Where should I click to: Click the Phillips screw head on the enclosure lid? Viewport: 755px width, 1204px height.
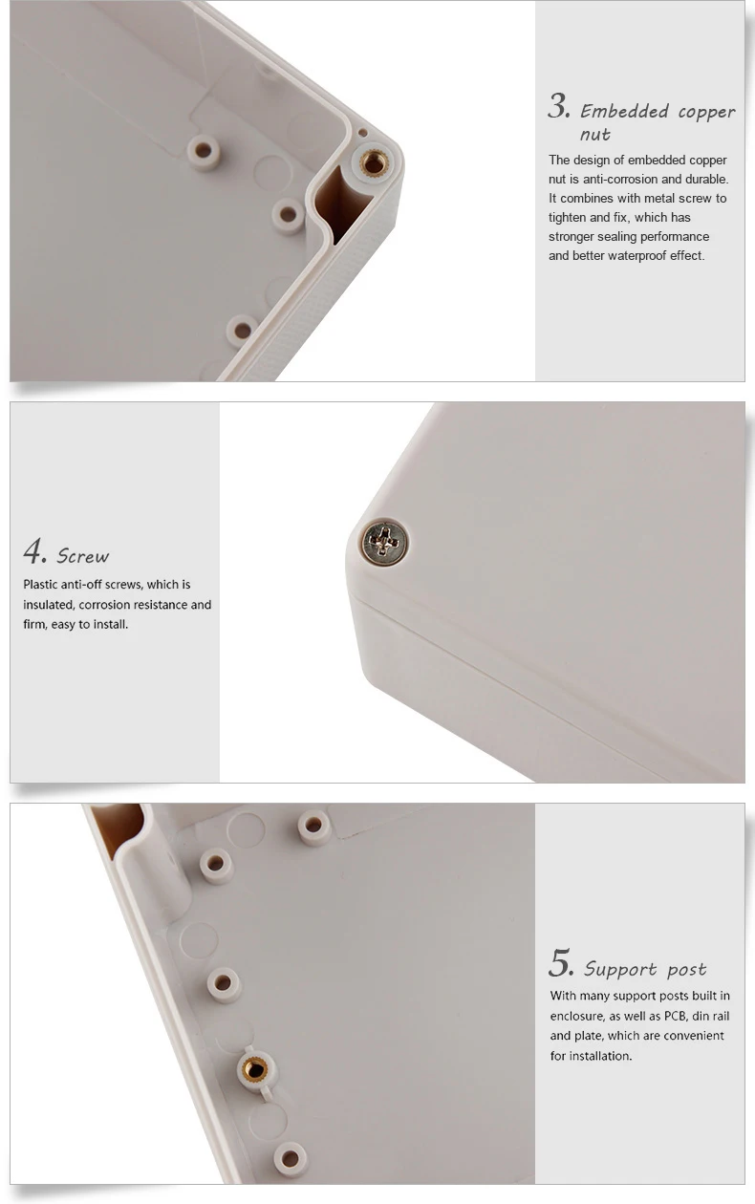(384, 542)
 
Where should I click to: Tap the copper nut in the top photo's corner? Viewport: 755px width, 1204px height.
(374, 163)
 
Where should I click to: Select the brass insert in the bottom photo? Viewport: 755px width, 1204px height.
(254, 1069)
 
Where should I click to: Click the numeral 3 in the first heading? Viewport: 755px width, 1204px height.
(558, 107)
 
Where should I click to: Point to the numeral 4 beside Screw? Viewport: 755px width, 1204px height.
(34, 551)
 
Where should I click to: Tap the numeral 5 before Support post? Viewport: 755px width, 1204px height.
(560, 963)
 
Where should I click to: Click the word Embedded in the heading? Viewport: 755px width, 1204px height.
(624, 112)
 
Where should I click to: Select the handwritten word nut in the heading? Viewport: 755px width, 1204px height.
(594, 135)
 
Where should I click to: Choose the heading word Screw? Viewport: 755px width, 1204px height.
(83, 556)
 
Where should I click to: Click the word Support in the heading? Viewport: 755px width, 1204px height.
(620, 969)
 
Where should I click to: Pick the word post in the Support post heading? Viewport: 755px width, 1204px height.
(686, 970)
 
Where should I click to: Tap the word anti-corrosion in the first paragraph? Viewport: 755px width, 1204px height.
(609, 179)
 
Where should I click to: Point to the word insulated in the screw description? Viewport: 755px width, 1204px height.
(50, 605)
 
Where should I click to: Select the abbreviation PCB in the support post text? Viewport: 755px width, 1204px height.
(678, 1016)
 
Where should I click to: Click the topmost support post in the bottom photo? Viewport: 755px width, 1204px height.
(314, 827)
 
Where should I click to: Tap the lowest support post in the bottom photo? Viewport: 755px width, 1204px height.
(291, 1158)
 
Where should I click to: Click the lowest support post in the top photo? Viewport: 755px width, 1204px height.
(243, 331)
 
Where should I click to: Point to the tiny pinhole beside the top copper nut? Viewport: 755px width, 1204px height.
(362, 133)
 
